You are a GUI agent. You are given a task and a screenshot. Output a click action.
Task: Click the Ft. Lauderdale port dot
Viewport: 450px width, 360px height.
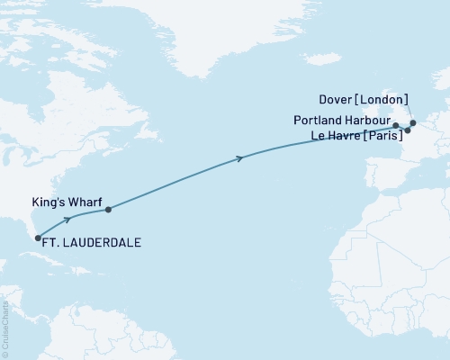pos(38,238)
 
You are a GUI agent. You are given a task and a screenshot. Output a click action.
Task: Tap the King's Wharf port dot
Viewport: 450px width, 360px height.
pos(108,211)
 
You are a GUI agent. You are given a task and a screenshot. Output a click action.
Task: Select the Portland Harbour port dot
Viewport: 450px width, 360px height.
pos(396,125)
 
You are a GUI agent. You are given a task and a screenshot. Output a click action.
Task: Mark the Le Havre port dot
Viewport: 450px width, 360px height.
pos(408,130)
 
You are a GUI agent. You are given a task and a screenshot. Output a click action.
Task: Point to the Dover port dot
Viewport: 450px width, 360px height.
pos(413,122)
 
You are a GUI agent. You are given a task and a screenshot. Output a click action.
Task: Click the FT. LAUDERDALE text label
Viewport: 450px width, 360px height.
pos(93,243)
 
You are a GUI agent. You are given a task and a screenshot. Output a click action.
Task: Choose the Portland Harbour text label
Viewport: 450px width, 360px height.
pos(342,120)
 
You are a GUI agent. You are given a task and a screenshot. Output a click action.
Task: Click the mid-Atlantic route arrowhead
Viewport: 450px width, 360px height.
pos(239,158)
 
